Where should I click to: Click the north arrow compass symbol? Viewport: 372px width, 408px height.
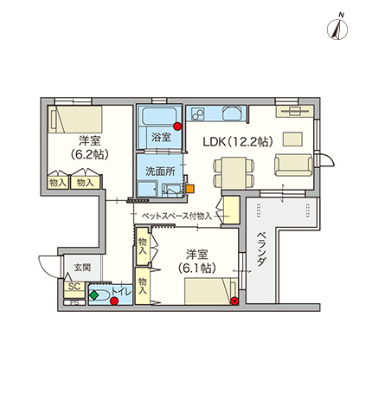337,29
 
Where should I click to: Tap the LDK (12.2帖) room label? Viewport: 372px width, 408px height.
238,141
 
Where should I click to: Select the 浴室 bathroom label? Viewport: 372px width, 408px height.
161,137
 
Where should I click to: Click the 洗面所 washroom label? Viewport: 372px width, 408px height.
160,172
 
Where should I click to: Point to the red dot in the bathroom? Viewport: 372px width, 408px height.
177,126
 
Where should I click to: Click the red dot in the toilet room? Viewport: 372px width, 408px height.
115,301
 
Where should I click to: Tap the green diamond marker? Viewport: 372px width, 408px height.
93,295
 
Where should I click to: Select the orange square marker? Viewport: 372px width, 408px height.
190,189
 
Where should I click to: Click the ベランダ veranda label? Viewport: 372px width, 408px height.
260,249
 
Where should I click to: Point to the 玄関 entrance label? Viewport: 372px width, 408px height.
82,267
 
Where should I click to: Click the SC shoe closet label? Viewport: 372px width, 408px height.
74,287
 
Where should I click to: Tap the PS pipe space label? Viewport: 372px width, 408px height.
74,303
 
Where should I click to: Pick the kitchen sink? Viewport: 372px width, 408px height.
233,113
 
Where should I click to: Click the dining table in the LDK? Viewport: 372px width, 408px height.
234,172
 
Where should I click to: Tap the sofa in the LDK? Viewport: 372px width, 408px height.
293,165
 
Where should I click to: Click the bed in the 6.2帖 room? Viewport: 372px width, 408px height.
75,120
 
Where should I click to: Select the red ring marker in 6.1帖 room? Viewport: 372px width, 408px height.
235,301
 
